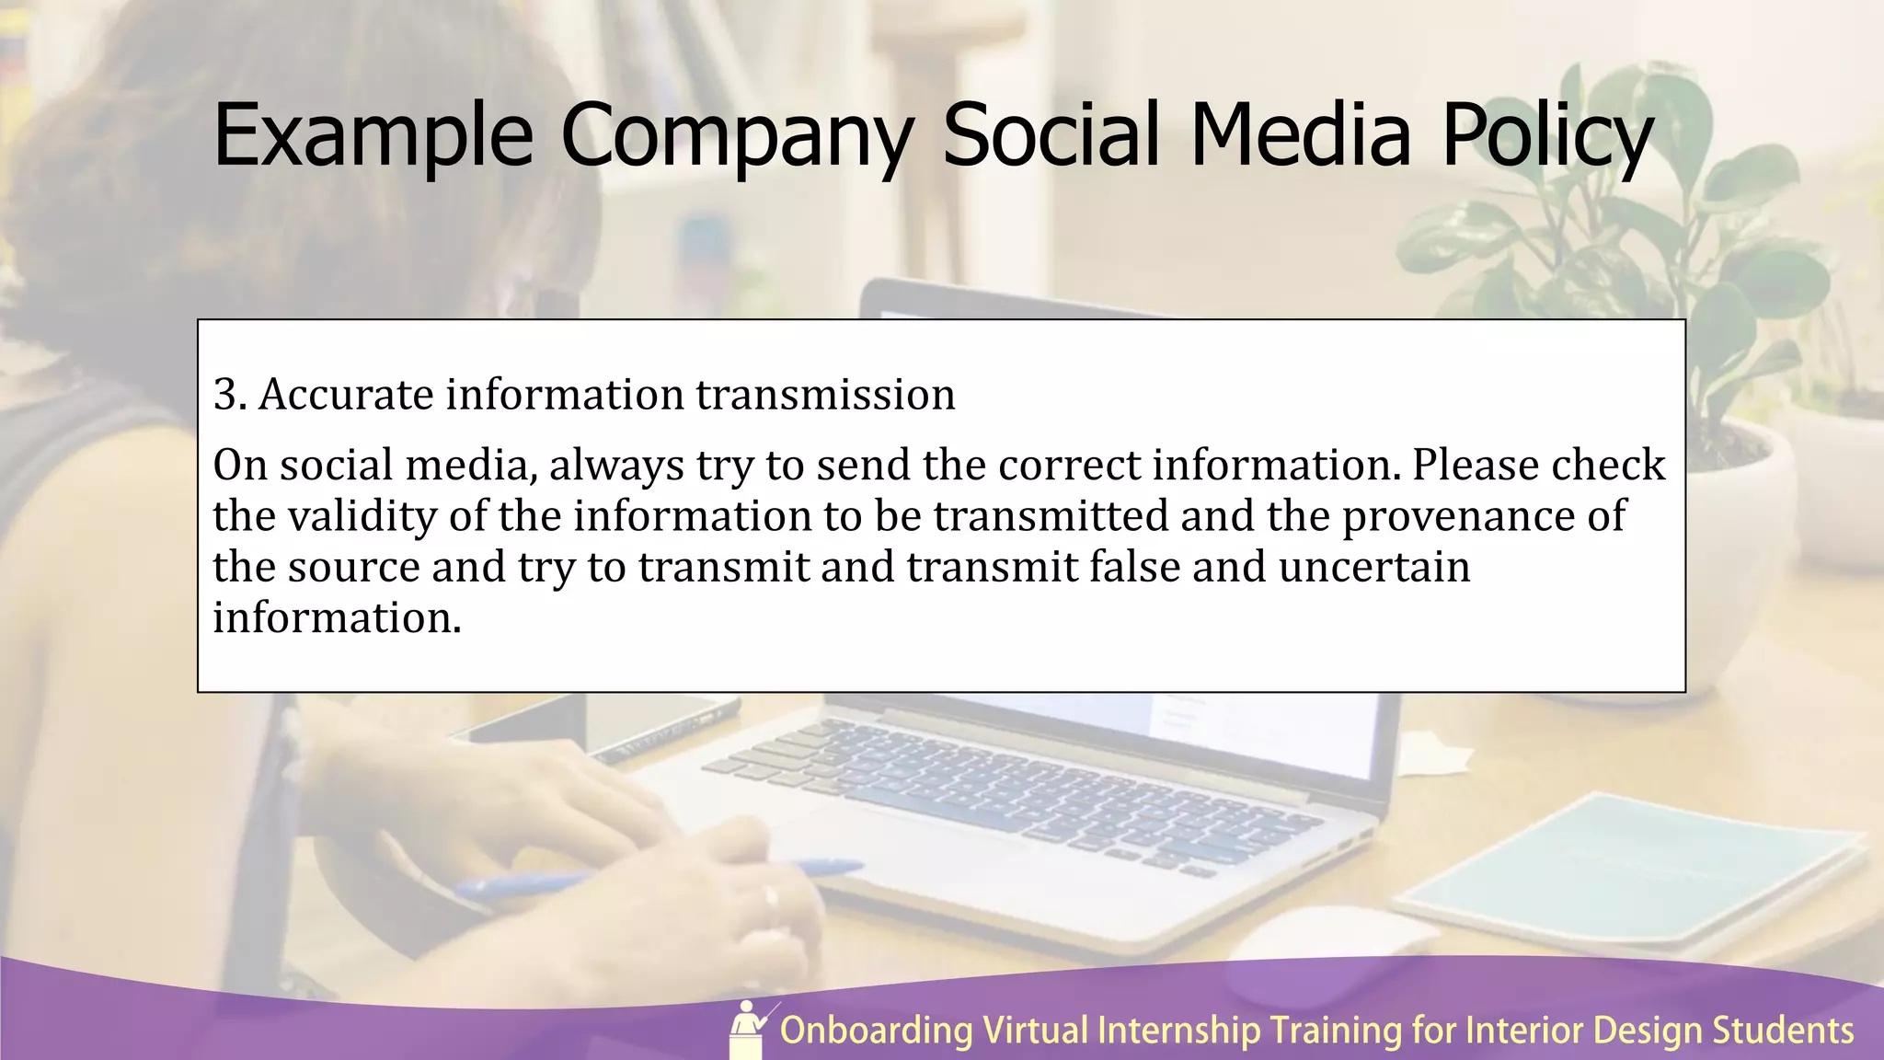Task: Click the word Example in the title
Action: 373,136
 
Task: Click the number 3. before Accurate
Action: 230,395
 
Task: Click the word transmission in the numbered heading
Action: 825,395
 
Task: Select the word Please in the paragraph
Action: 1474,465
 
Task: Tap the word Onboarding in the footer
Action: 876,1031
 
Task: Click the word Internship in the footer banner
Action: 1178,1031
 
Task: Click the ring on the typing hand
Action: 770,895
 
